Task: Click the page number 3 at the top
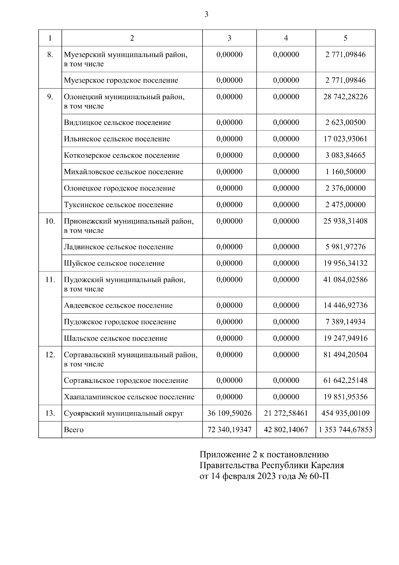click(206, 14)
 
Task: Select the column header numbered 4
click(286, 38)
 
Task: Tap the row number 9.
click(50, 97)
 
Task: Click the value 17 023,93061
click(345, 139)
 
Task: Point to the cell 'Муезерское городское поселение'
click(121, 80)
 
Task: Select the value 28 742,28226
click(345, 97)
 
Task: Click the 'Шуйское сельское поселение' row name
click(114, 263)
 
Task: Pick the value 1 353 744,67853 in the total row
click(345, 430)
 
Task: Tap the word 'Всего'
click(74, 430)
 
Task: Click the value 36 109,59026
click(229, 414)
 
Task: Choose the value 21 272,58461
click(286, 414)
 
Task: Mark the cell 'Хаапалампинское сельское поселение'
click(129, 397)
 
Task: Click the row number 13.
click(50, 414)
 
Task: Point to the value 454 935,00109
click(345, 414)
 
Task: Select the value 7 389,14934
click(345, 322)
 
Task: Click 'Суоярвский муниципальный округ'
click(124, 414)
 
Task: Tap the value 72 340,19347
click(229, 430)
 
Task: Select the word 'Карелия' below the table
click(329, 465)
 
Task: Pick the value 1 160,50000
click(345, 172)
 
